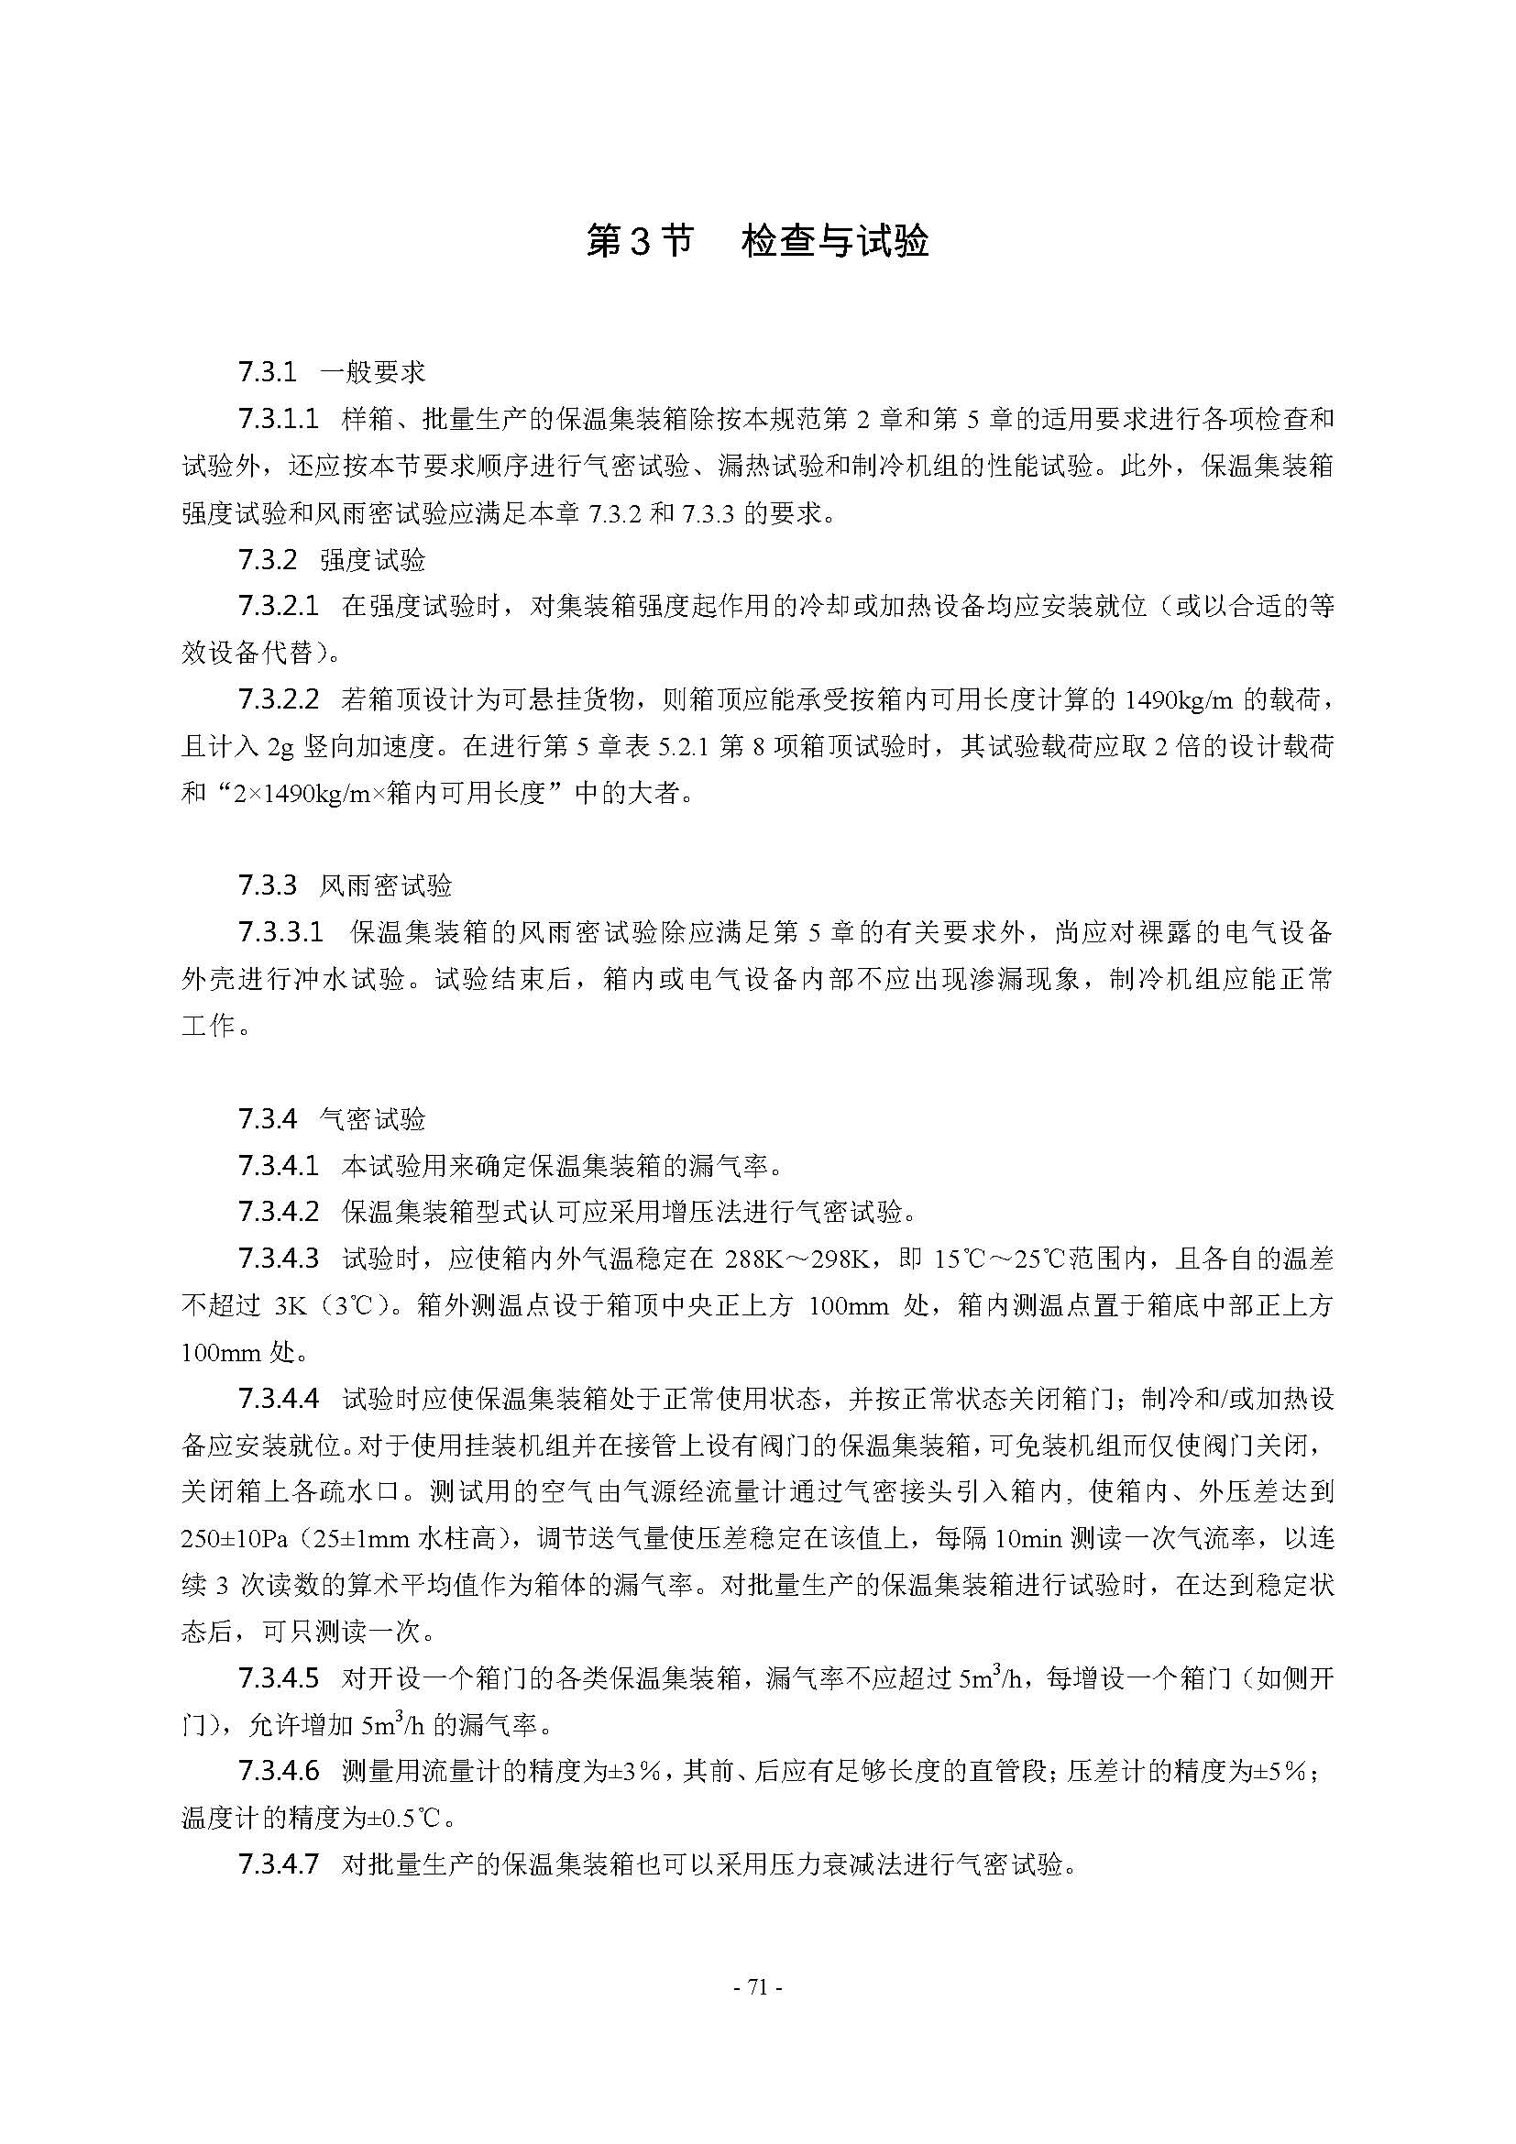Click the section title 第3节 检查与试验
(x=757, y=241)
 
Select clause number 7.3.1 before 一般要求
(x=267, y=372)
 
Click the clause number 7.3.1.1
(x=279, y=419)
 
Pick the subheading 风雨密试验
(x=386, y=885)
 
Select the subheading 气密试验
(x=372, y=1117)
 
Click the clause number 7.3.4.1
(x=279, y=1164)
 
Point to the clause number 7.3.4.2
(x=279, y=1211)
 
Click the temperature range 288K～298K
(x=797, y=1259)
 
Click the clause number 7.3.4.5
(x=279, y=1678)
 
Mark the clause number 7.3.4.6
(x=279, y=1771)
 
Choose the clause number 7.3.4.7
(x=279, y=1864)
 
